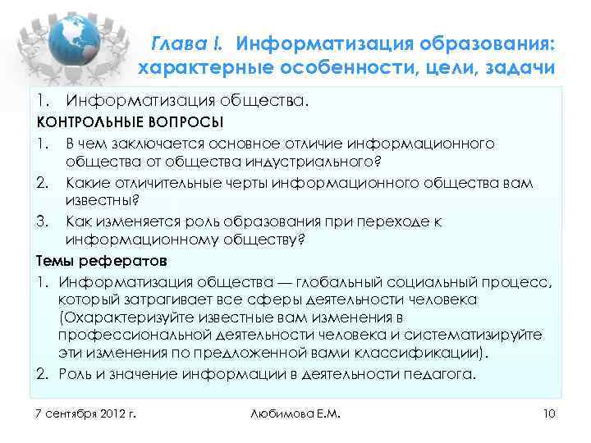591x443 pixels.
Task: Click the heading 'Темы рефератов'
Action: tap(101, 261)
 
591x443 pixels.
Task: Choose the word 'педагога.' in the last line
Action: tap(444, 374)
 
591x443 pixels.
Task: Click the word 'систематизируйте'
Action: tap(475, 336)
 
